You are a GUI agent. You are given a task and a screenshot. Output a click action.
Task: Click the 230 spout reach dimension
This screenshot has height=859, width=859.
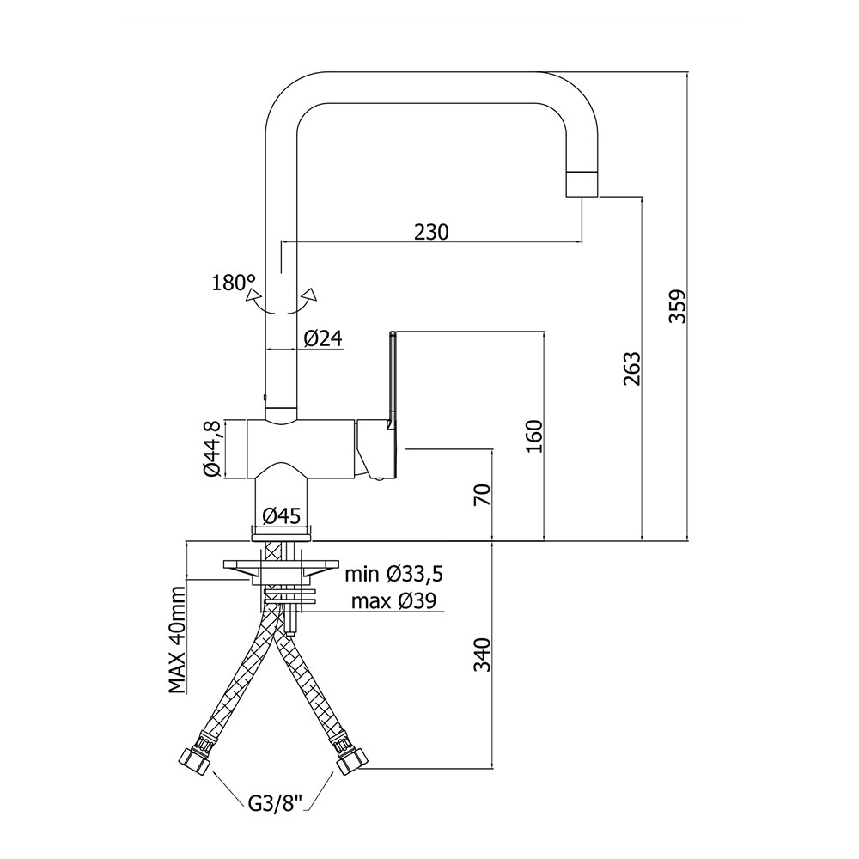pos(432,232)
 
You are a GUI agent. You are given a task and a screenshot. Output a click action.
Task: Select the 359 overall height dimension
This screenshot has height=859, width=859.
pos(678,306)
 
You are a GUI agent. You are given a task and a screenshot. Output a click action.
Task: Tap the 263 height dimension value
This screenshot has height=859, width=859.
pos(632,369)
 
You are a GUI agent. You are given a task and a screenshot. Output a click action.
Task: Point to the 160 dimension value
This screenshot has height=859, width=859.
pos(533,436)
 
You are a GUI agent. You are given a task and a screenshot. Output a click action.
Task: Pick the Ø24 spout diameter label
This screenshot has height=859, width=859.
pos(322,339)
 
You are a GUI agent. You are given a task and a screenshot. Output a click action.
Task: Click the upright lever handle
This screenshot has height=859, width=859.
pos(392,378)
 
